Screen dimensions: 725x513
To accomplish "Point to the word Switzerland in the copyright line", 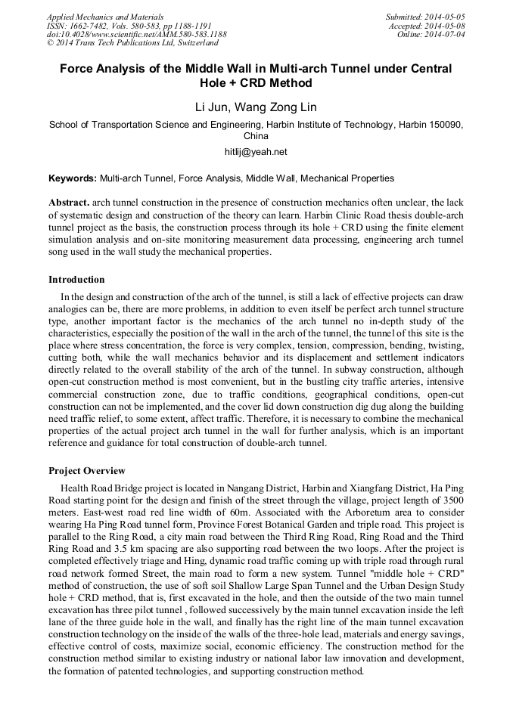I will tap(193, 44).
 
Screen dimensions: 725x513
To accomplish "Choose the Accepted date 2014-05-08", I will tap(446, 26).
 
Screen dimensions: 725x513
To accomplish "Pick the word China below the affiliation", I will tap(256, 137).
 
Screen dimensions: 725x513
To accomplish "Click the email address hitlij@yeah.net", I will tap(256, 152).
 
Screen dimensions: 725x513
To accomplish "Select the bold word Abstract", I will tap(69, 204).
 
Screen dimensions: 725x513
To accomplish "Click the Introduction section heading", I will tap(76, 280).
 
